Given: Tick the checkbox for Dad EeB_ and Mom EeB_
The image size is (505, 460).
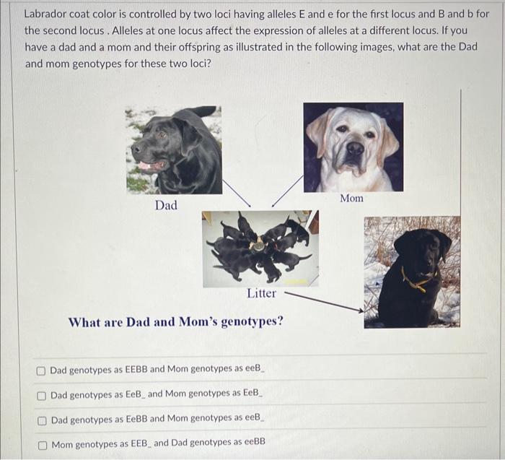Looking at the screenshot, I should [42, 395].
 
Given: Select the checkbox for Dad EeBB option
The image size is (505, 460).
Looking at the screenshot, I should [42, 419].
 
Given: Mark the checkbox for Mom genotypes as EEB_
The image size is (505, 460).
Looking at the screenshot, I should [42, 443].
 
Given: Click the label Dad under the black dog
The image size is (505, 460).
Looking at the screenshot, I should [166, 206].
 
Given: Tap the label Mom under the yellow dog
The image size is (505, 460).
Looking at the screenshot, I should [351, 198].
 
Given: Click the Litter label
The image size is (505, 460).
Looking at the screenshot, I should [261, 293].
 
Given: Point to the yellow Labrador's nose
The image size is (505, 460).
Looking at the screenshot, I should [354, 148].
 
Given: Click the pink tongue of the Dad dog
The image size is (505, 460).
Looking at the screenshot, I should [146, 166].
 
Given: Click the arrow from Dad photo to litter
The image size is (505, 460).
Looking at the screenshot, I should [236, 193].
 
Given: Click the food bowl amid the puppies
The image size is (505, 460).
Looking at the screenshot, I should [258, 246].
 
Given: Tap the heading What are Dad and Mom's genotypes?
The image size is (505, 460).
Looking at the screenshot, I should [175, 321].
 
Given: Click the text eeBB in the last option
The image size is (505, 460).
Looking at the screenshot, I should [251, 442].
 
